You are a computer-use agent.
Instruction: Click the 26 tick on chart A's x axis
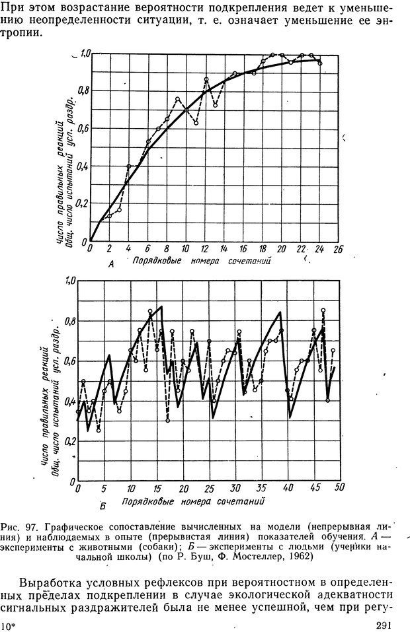pyautogui.click(x=339, y=250)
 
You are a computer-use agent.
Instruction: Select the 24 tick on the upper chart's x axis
pyautogui.click(x=319, y=249)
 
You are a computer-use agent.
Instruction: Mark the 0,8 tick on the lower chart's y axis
pyautogui.click(x=69, y=322)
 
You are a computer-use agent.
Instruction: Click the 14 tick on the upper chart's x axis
pyautogui.click(x=224, y=249)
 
